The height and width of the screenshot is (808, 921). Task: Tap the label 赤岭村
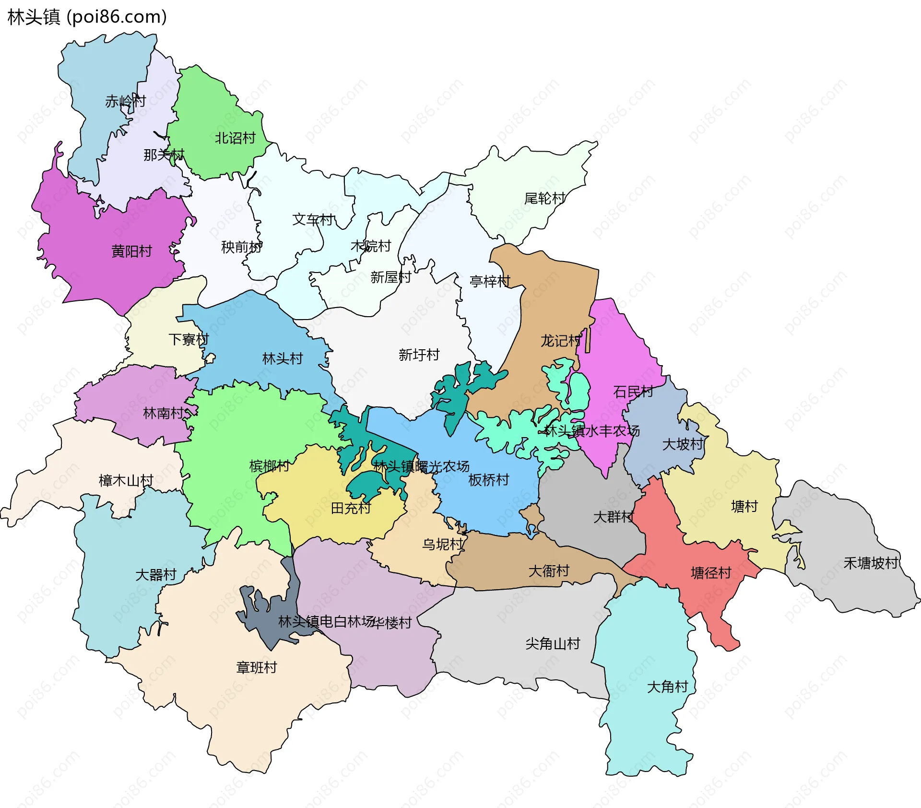pos(125,101)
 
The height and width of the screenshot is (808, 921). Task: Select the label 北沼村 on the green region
pos(235,138)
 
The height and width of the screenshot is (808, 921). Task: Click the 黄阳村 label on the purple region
pos(131,251)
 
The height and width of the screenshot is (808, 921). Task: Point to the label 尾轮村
pos(544,198)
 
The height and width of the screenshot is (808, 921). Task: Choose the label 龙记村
pos(561,341)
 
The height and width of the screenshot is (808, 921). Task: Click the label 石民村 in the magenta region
pos(633,392)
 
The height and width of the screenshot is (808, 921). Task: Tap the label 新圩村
pos(419,355)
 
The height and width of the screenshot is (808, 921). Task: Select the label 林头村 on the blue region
pos(283,358)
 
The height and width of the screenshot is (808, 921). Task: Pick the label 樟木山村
pos(126,480)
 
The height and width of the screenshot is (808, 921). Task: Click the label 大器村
pos(156,574)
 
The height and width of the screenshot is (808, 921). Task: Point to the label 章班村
pos(257,667)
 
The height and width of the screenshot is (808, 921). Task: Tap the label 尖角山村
pos(553,643)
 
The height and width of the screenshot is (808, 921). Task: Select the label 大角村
pos(667,687)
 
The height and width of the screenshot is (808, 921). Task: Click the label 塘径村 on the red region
pos(711,572)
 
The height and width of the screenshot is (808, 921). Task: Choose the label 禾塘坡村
pos(871,563)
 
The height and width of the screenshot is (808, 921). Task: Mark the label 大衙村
pos(549,570)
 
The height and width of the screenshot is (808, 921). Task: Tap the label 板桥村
pos(488,480)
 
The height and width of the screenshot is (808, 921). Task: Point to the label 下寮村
pos(189,339)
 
